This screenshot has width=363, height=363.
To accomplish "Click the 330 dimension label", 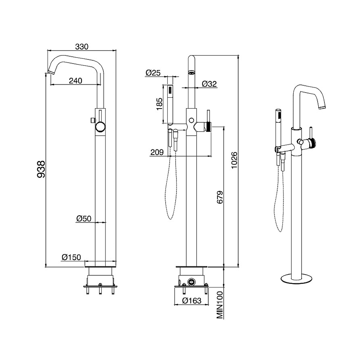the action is (x=82, y=46).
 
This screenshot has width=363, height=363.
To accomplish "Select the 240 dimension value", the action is (x=76, y=81).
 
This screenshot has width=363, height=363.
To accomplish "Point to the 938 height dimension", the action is (x=41, y=169).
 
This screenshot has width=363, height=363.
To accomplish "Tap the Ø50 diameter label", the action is (x=84, y=218).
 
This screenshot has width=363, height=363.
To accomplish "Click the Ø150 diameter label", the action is (x=71, y=257).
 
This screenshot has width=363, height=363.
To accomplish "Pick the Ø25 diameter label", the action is (x=153, y=73).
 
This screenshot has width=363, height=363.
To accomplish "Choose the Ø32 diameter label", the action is (x=209, y=84).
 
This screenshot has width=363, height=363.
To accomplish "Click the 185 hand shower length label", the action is (x=160, y=104).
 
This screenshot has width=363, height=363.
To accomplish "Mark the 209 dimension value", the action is (x=157, y=152).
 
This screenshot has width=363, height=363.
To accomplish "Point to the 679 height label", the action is (x=220, y=197).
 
